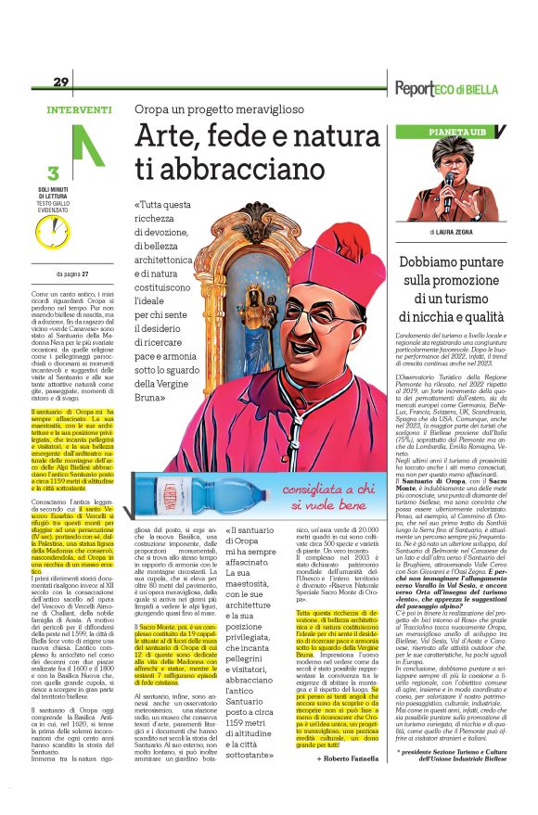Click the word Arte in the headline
166,137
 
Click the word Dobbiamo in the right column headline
435,262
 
